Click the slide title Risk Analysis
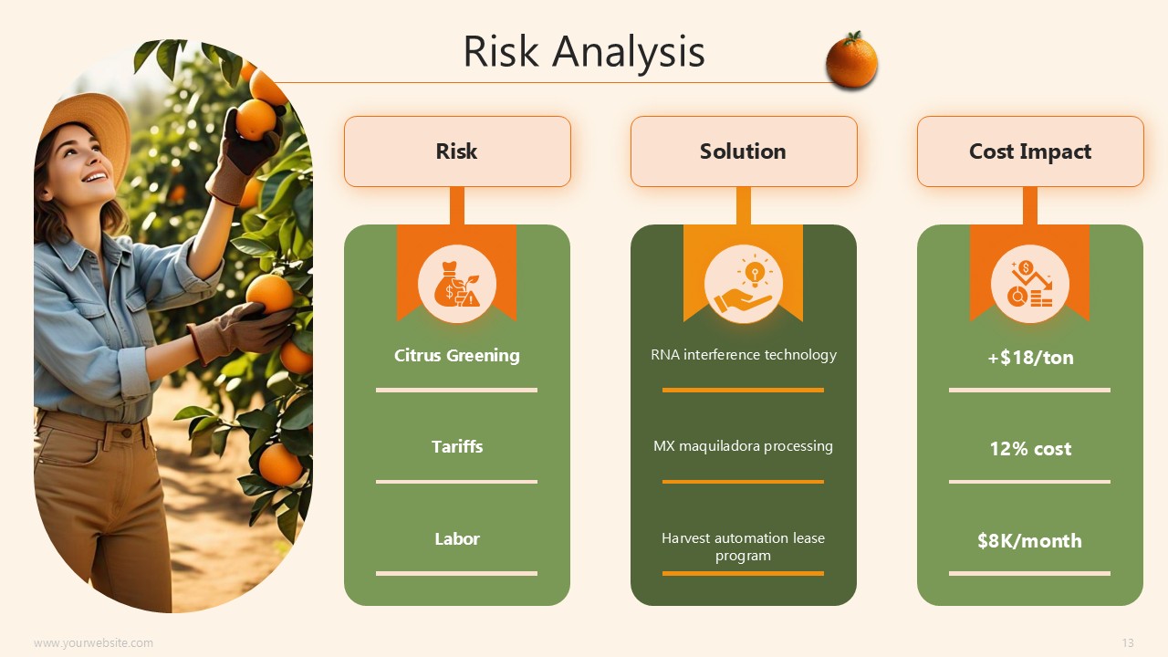click(584, 52)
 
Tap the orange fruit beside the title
click(852, 60)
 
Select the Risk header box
click(457, 151)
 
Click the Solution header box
click(744, 151)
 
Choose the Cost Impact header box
click(1030, 151)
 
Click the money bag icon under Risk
click(457, 284)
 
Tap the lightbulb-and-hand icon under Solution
click(744, 284)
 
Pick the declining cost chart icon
click(1030, 284)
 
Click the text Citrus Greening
click(457, 356)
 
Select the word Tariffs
click(457, 447)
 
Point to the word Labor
click(457, 538)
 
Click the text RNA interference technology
click(744, 355)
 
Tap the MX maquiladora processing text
click(743, 446)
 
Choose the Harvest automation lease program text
click(743, 547)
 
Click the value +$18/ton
click(1030, 358)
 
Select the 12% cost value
click(1030, 449)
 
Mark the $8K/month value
click(1030, 541)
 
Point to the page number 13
click(1128, 643)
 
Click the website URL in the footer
click(94, 643)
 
